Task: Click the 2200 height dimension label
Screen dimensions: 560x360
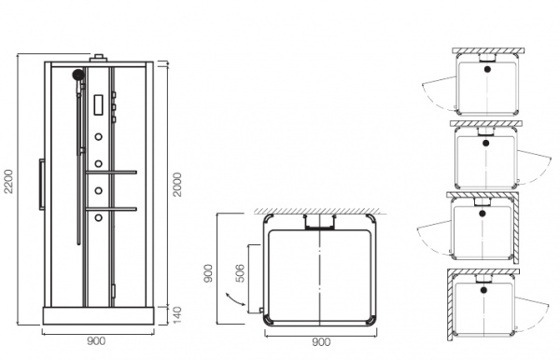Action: click(x=8, y=181)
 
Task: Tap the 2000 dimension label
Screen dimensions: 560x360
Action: click(x=177, y=184)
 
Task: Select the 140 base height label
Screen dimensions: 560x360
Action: click(x=177, y=314)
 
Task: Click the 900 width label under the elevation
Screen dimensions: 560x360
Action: click(x=96, y=341)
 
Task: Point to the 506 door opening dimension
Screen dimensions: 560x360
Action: click(x=241, y=273)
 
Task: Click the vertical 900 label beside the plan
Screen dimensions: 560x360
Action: click(x=208, y=273)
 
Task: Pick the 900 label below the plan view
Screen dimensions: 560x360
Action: click(x=321, y=342)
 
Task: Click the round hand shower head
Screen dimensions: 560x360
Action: click(x=78, y=75)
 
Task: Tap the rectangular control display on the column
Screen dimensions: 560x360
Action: click(x=99, y=104)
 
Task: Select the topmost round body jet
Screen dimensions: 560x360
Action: click(x=99, y=137)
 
